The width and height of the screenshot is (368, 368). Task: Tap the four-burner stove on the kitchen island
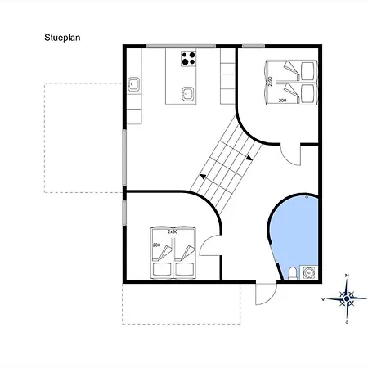pos(189,58)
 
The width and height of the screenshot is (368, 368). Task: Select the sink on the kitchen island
pos(188,92)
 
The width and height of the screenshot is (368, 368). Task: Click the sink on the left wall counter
pos(132,83)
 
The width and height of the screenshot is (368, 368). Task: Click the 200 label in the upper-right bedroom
pos(283,100)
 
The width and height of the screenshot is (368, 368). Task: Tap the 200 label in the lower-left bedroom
pos(155,245)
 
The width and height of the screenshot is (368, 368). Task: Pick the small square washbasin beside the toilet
pos(308,272)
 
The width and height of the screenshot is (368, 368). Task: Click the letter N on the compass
pos(348,276)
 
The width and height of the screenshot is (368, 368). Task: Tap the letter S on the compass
pos(348,321)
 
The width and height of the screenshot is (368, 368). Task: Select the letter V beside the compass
pos(325,299)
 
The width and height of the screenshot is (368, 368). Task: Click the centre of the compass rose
pos(348,298)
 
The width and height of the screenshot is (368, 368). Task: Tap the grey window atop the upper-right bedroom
pos(254,46)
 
